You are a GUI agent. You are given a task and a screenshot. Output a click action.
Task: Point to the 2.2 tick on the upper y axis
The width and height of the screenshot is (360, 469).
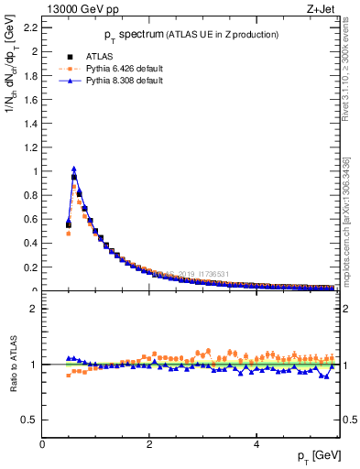point(30,27)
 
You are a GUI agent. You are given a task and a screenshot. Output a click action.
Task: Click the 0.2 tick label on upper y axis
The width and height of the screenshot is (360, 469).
point(30,267)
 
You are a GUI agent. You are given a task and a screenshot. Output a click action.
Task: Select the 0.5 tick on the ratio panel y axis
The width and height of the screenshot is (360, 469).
point(29,420)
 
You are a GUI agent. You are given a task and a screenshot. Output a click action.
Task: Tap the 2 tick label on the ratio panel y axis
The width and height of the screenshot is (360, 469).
point(33,309)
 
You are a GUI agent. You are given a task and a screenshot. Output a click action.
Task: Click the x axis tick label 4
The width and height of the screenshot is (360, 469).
point(256,444)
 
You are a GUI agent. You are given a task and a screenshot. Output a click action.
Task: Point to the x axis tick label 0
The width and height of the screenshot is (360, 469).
point(42,444)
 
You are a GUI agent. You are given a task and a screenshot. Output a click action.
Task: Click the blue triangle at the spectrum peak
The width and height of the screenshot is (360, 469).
point(74,169)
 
